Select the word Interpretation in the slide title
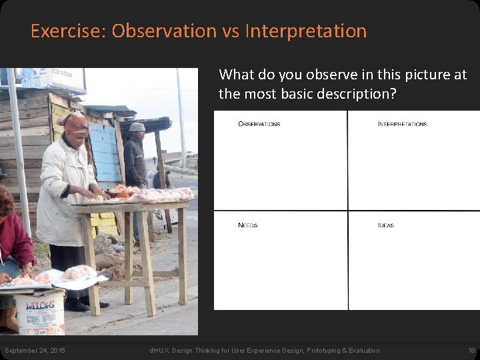coord(306,31)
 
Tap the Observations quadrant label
coord(259,124)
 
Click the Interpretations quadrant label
coord(402,124)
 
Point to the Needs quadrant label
coord(247,225)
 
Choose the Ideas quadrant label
coord(385,225)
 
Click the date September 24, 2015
coord(35,351)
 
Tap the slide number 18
coord(471,351)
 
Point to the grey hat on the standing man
coord(137,127)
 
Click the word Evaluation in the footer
coord(362,351)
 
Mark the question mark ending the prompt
coord(393,94)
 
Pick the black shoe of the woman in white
coord(77,305)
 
